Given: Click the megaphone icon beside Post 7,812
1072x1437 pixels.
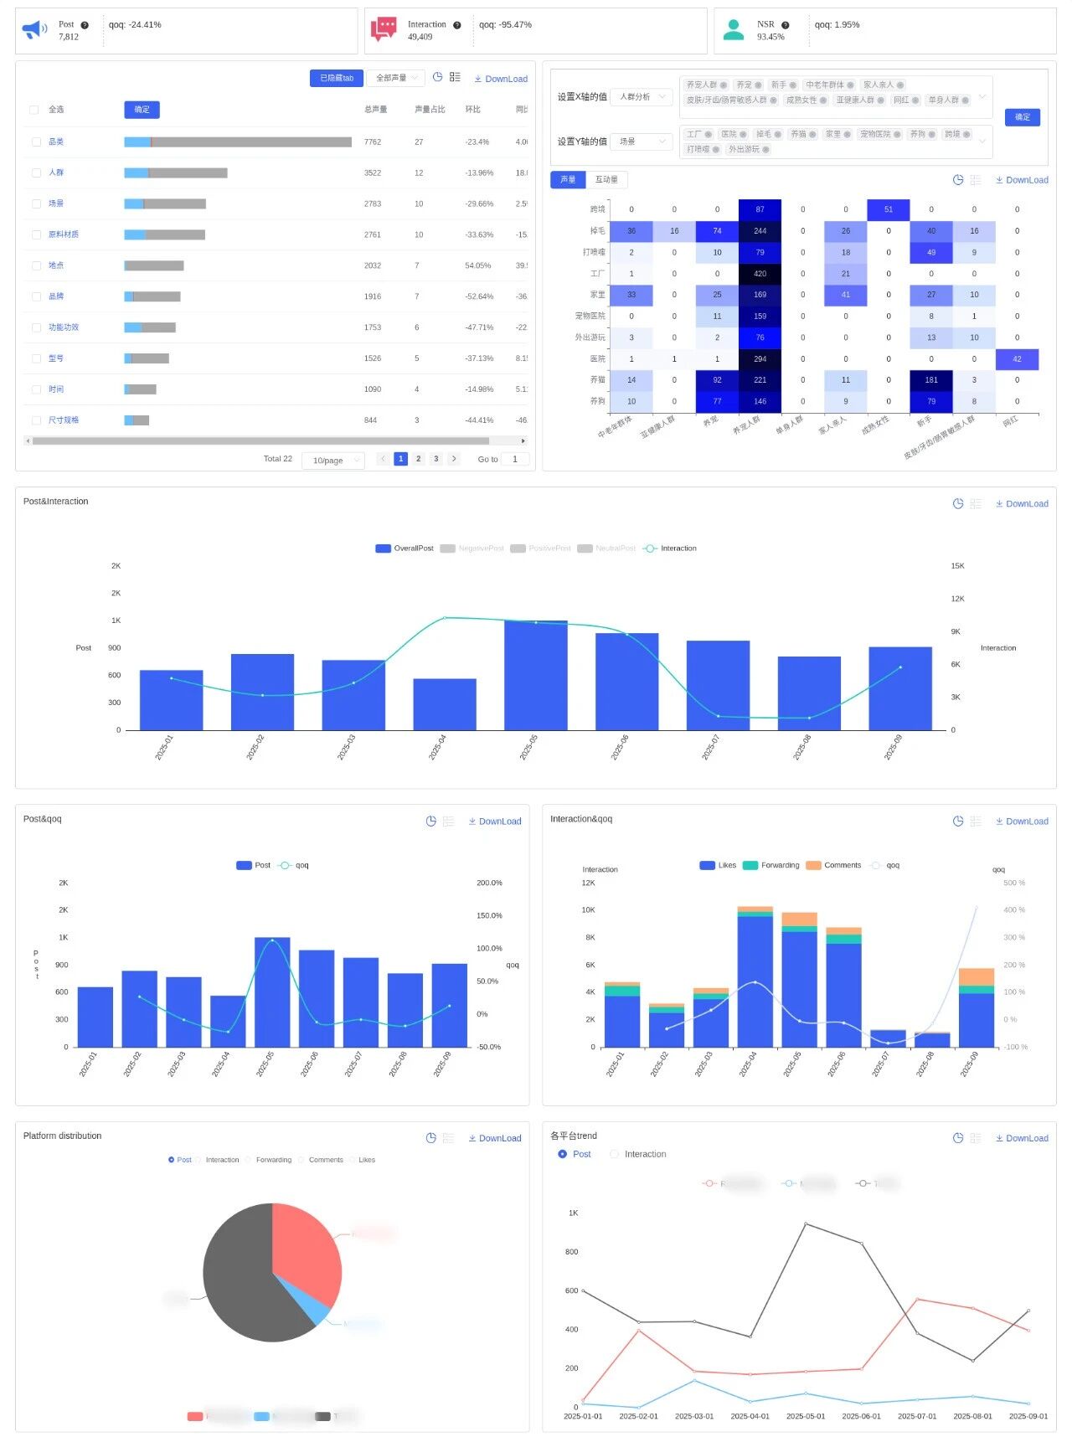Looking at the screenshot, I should (x=34, y=31).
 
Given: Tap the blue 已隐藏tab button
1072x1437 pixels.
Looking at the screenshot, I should (x=337, y=78).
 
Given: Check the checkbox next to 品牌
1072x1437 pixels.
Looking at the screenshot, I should (x=36, y=296).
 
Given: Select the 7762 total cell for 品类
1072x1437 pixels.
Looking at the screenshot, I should (x=373, y=142).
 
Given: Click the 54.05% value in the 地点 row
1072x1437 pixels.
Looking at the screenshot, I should (x=477, y=265).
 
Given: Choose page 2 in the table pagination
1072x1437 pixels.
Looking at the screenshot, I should (x=419, y=459).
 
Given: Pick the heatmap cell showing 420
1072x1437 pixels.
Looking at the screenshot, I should (x=760, y=274).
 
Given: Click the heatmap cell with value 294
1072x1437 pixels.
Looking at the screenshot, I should (x=760, y=359).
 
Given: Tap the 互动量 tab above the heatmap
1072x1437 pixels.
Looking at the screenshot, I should (x=606, y=180).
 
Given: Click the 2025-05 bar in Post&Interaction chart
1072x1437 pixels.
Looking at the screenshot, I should (x=536, y=675).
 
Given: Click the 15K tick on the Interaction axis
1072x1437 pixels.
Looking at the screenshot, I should (x=957, y=566).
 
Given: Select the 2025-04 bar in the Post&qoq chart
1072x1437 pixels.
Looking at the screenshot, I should (x=228, y=1021).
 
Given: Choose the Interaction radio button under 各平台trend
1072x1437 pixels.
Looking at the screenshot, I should (x=615, y=1154).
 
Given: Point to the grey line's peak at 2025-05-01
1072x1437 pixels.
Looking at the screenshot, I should (x=806, y=1223).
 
